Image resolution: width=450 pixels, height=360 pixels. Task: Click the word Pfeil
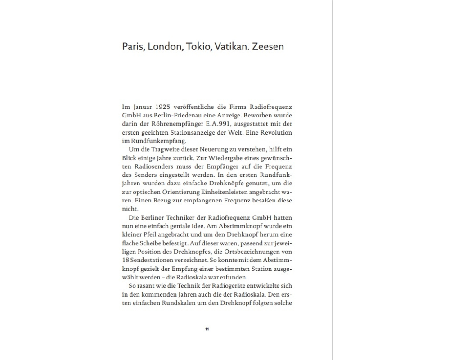coord(150,235)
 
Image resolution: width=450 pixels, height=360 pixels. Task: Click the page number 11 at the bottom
coord(207,329)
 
